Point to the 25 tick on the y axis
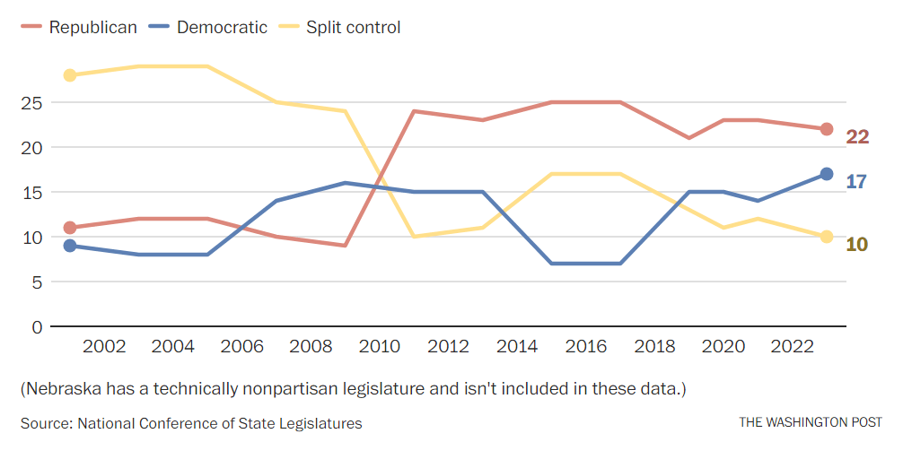(31, 102)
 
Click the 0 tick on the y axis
(37, 326)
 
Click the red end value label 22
(857, 137)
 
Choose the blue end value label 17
(856, 182)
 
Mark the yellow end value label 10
(857, 244)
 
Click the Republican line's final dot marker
(827, 129)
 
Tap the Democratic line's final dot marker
(827, 174)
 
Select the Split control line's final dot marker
(827, 237)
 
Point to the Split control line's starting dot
(70, 75)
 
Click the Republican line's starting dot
(70, 228)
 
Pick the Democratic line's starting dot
(70, 246)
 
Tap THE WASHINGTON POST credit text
(811, 422)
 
